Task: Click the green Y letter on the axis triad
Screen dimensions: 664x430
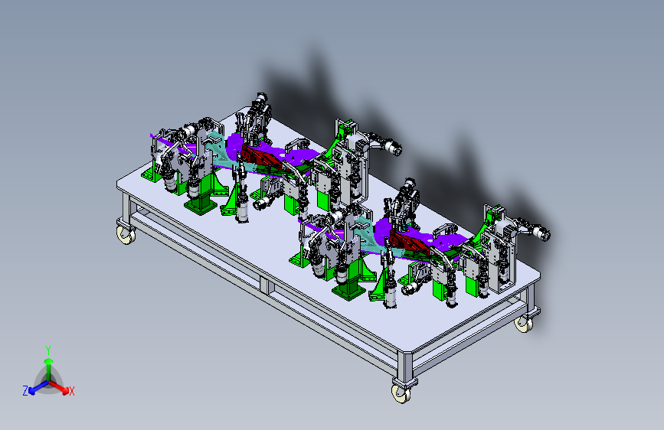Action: (48, 350)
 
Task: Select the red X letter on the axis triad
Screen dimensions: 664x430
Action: (71, 392)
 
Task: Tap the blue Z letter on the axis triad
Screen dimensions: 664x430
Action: (25, 391)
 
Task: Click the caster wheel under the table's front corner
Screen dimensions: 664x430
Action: (401, 393)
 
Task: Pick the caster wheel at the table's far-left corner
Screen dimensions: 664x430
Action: (126, 235)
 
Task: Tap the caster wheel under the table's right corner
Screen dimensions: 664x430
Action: (524, 324)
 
